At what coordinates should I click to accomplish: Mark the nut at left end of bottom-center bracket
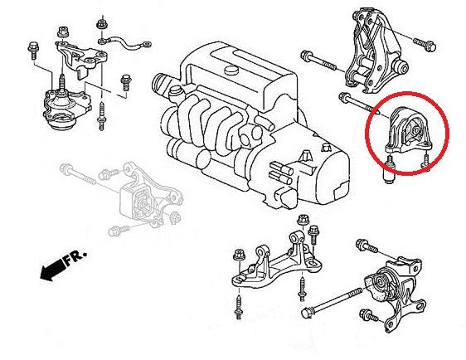coord(239,252)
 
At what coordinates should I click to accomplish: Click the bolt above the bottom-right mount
coord(366,246)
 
